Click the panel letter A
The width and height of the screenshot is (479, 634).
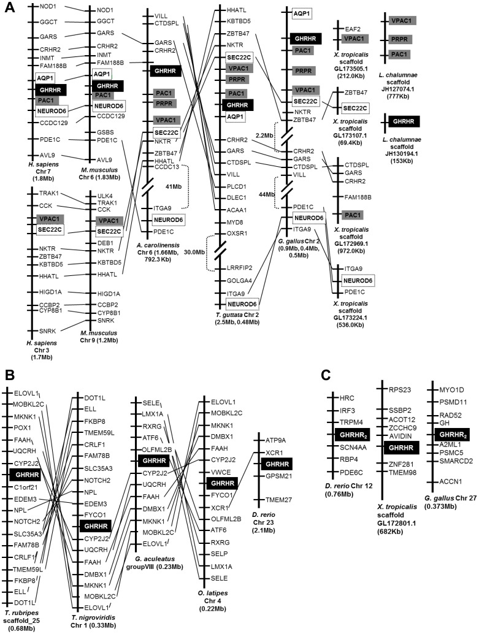tap(10, 11)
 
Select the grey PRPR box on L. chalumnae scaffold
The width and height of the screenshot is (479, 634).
tap(400, 39)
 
